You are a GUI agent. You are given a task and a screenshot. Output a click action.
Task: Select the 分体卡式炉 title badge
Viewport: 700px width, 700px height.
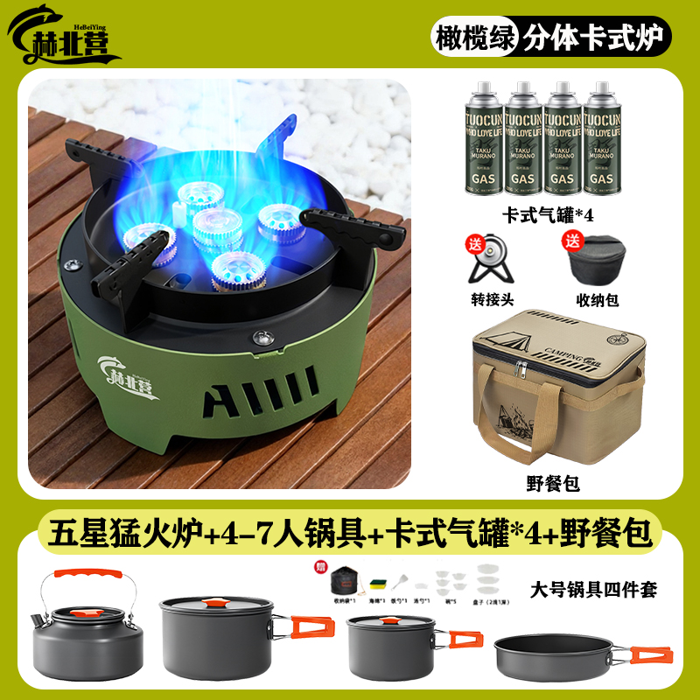[x=594, y=38]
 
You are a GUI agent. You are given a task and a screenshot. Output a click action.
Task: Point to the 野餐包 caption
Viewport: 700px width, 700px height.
[x=553, y=483]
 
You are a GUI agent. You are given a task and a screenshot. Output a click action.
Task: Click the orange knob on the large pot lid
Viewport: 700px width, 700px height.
[x=215, y=601]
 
